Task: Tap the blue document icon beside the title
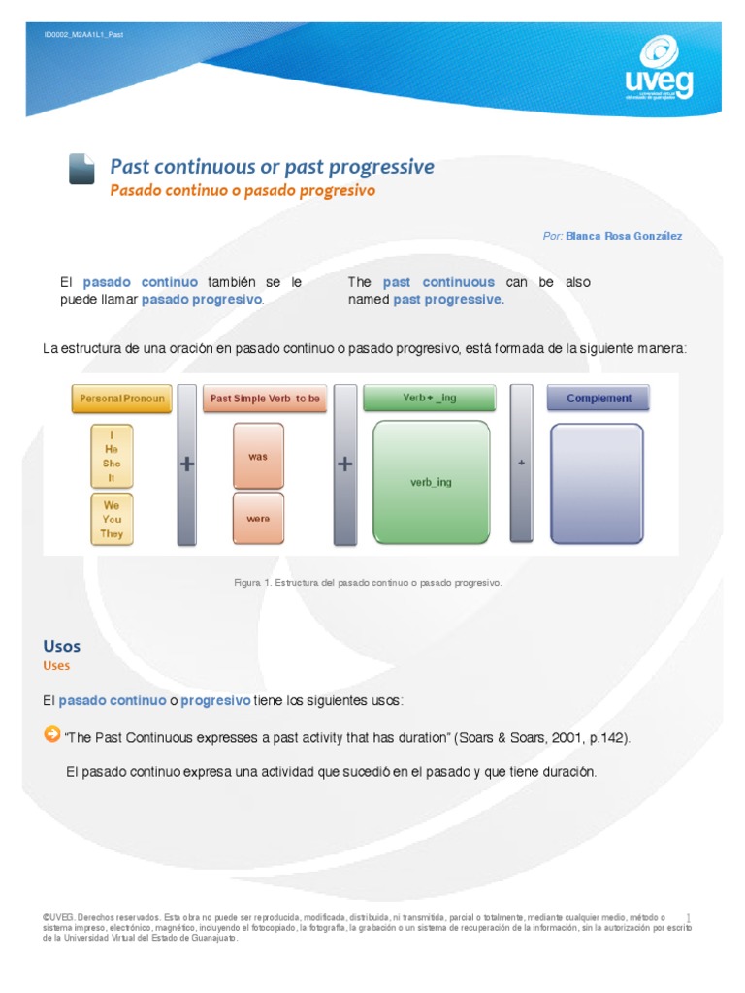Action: click(81, 169)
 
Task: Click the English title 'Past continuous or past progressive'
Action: click(272, 167)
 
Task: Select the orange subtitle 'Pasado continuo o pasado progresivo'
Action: click(242, 191)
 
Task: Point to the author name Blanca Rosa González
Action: click(624, 236)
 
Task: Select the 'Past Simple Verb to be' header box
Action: click(265, 399)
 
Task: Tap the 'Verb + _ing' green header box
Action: click(429, 399)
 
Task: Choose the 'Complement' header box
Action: click(598, 399)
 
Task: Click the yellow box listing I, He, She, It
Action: click(112, 457)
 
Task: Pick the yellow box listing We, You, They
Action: click(112, 519)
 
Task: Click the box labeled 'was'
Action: click(258, 456)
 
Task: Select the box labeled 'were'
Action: click(258, 519)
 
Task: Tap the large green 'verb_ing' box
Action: click(431, 482)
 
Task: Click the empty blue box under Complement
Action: click(597, 482)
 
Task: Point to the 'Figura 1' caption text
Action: click(368, 583)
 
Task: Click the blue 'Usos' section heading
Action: click(62, 646)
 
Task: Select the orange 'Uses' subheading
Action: click(56, 666)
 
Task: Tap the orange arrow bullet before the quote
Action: click(52, 735)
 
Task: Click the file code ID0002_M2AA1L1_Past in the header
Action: click(84, 35)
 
